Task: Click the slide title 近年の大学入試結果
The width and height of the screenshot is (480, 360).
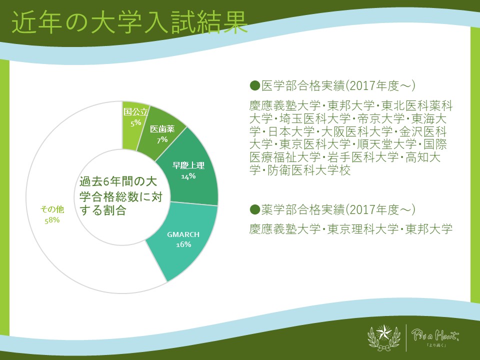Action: [x=129, y=22]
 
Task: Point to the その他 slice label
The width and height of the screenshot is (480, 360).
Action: [x=52, y=209]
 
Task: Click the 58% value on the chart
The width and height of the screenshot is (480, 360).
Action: [x=52, y=220]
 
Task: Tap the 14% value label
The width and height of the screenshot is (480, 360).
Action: [x=188, y=176]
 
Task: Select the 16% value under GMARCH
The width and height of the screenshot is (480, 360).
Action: [x=183, y=244]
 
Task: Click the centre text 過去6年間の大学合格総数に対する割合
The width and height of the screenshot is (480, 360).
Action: [x=120, y=196]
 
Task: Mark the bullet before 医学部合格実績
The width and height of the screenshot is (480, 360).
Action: [x=254, y=85]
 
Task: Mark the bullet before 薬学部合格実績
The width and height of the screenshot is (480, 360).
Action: [x=254, y=209]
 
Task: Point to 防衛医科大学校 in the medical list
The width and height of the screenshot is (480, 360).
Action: [x=309, y=170]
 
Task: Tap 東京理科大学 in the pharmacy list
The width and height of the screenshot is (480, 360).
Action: [x=363, y=229]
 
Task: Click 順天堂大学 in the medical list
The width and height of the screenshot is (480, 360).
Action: [x=387, y=144]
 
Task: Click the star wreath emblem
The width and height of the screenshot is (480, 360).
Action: [x=384, y=337]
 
